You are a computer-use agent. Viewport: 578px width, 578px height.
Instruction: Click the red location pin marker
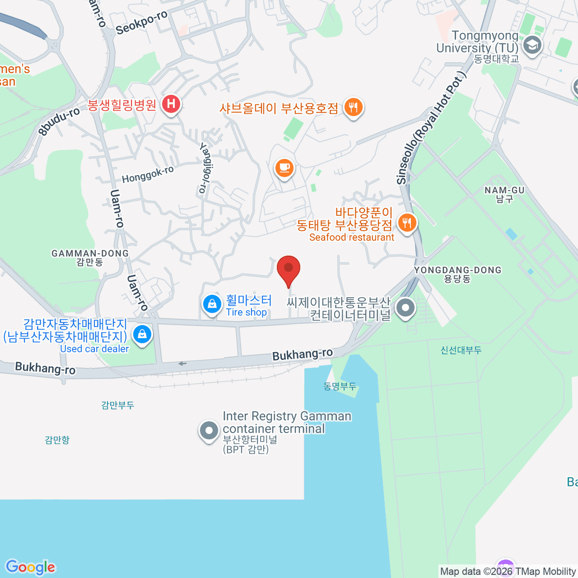(x=289, y=268)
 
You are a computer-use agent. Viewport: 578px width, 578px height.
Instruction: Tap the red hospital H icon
(x=171, y=104)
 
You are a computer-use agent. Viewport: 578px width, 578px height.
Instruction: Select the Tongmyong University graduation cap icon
(x=532, y=46)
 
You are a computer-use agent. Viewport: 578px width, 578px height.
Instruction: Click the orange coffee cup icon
(x=284, y=168)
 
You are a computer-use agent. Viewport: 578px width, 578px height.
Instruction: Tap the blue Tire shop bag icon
(x=211, y=304)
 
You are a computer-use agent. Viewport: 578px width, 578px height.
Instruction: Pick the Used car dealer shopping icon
(x=142, y=333)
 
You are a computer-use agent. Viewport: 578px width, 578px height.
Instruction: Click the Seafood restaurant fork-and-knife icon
(x=407, y=223)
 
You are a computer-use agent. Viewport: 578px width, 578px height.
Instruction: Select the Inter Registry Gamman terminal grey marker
(x=209, y=430)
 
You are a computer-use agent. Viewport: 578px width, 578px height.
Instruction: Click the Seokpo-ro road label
(x=142, y=22)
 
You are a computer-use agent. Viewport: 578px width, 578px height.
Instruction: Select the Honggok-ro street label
(x=147, y=174)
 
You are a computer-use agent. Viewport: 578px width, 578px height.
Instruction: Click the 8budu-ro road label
(x=59, y=121)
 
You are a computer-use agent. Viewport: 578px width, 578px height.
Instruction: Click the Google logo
(x=30, y=567)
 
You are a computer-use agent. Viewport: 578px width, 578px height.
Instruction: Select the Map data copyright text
(x=508, y=571)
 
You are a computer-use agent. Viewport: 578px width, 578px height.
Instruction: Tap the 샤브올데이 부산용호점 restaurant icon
(x=354, y=107)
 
